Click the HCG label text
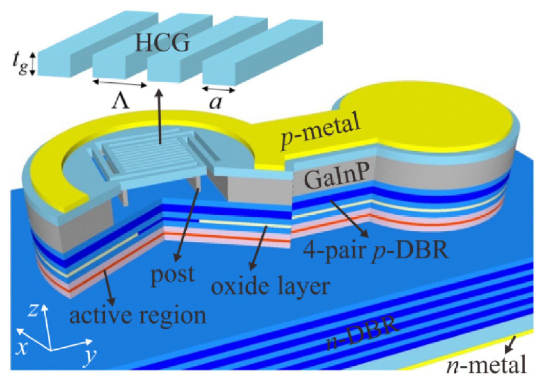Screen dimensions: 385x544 tap(162, 43)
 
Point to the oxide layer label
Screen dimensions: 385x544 tap(270, 287)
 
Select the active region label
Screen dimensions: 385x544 tap(138, 316)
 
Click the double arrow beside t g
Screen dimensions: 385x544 tap(33, 64)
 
